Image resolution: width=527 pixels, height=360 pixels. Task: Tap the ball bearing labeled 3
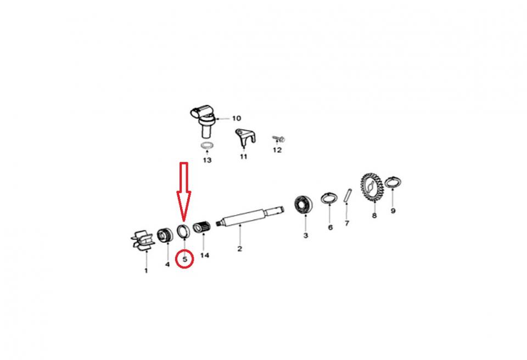pyautogui.click(x=304, y=204)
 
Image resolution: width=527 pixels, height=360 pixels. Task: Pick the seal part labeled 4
pyautogui.click(x=166, y=234)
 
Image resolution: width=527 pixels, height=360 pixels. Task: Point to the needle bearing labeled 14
pyautogui.click(x=203, y=228)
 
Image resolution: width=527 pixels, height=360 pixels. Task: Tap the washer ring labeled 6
pyautogui.click(x=329, y=198)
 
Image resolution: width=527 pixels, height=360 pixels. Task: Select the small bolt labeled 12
pyautogui.click(x=279, y=138)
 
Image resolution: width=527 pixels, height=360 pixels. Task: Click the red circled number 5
pyautogui.click(x=185, y=259)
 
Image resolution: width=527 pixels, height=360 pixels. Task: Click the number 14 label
pyautogui.click(x=205, y=256)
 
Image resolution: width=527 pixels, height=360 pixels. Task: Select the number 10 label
pyautogui.click(x=236, y=119)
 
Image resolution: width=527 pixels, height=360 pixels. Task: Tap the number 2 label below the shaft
pyautogui.click(x=239, y=249)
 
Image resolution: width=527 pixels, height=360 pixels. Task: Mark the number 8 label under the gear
pyautogui.click(x=374, y=216)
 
